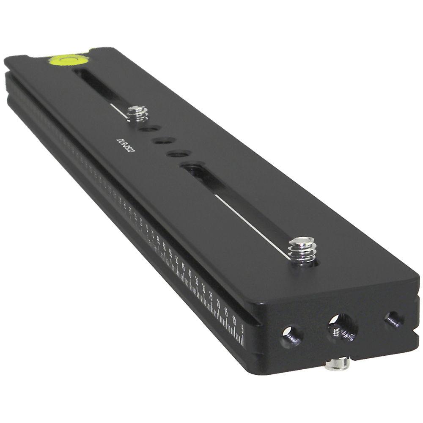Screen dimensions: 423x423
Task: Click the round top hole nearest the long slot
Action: (x=178, y=154)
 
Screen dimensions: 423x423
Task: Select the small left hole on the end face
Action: (x=292, y=335)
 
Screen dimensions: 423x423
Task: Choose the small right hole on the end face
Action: (x=393, y=319)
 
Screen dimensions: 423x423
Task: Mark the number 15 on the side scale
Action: (x=226, y=312)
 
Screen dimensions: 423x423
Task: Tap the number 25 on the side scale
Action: (x=211, y=297)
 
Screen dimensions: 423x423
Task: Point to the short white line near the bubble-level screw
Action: (x=118, y=109)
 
